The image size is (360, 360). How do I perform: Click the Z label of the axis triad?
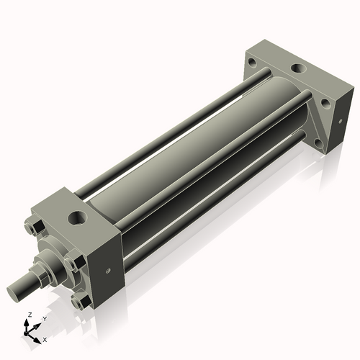[28, 315]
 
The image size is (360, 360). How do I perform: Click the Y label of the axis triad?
[45, 318]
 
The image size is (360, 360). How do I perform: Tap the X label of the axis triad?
[45, 339]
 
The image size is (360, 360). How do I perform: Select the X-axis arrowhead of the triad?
[38, 336]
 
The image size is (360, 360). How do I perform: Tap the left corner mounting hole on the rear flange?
[253, 63]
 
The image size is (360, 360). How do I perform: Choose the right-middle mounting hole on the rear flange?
[325, 104]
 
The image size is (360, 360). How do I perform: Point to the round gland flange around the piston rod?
[54, 259]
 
